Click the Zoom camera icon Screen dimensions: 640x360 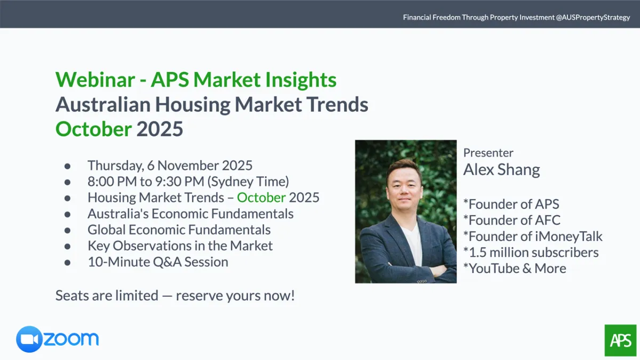pyautogui.click(x=29, y=339)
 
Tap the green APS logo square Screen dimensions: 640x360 pyautogui.click(x=621, y=340)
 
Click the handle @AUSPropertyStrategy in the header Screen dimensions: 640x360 pyautogui.click(x=593, y=18)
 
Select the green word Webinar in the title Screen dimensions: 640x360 pyautogui.click(x=95, y=79)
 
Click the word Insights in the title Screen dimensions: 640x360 pyautogui.click(x=301, y=80)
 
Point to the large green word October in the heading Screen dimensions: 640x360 pyautogui.click(x=94, y=129)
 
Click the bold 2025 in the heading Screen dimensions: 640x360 pyautogui.click(x=159, y=129)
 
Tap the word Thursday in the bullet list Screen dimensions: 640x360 pyautogui.click(x=116, y=166)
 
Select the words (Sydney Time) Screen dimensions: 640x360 pyautogui.click(x=249, y=182)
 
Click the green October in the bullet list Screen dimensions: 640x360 pyautogui.click(x=261, y=197)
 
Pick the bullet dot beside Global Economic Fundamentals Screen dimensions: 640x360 pyautogui.click(x=67, y=230)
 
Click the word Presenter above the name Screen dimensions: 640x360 pyautogui.click(x=489, y=153)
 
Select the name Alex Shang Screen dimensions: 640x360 pyautogui.click(x=502, y=170)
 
